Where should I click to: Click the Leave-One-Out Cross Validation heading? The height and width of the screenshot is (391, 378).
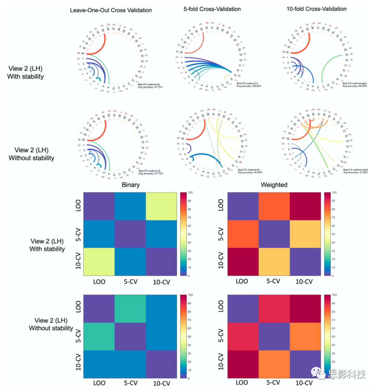111,10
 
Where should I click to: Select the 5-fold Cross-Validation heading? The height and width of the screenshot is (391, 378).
212,9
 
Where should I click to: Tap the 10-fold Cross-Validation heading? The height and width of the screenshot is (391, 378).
316,9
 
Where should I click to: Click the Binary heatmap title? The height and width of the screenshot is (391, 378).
131,185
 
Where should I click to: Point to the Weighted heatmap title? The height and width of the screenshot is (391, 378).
274,185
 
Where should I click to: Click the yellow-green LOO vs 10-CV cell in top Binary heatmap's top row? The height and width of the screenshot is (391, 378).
161,206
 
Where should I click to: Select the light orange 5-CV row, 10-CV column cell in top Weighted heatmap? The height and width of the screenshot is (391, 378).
305,234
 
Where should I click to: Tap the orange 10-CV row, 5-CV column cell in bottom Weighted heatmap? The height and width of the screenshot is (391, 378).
274,364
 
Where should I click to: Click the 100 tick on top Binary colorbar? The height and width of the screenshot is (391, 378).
190,192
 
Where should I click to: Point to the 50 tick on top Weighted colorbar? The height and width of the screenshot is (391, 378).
333,234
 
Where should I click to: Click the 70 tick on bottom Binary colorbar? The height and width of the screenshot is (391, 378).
189,320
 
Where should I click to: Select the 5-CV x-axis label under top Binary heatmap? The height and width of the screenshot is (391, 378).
131,282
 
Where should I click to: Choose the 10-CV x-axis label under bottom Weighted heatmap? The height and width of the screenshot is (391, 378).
304,383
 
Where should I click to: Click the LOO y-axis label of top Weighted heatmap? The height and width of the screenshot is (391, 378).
221,205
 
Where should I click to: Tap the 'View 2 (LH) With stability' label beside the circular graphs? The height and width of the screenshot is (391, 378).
25,73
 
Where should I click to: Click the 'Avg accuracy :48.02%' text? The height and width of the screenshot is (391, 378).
249,86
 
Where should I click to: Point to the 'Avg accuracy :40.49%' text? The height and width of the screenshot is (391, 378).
250,172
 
